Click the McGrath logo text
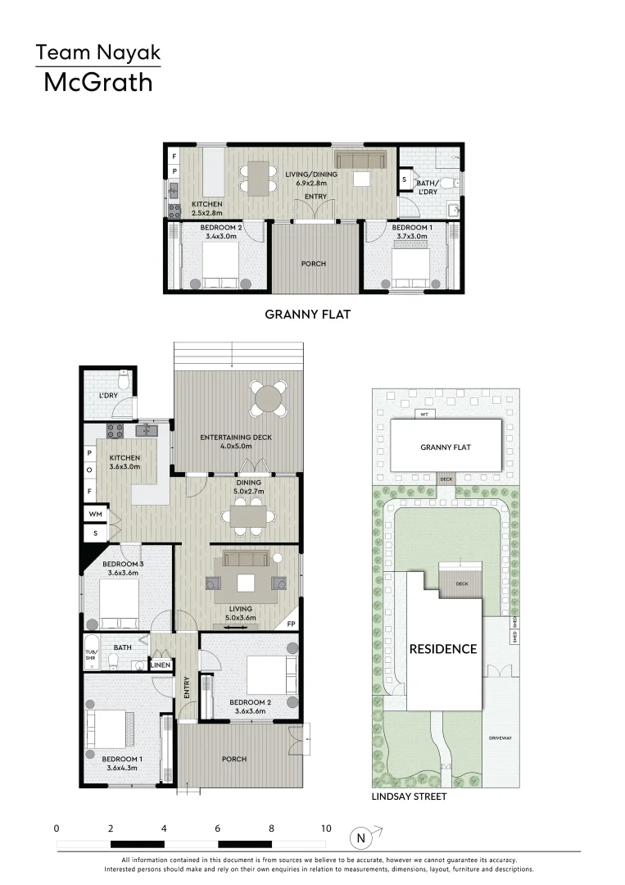97,82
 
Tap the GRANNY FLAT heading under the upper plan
307,313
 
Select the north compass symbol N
359,838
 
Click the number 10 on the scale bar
325,828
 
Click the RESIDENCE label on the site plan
442,649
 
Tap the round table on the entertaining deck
270,399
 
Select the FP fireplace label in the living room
290,624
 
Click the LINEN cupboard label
161,665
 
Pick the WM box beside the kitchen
94,514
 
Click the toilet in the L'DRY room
123,380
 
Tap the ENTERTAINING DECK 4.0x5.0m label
236,442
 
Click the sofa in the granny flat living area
361,159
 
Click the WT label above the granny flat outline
423,415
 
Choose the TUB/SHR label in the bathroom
90,658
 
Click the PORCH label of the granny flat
314,264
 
